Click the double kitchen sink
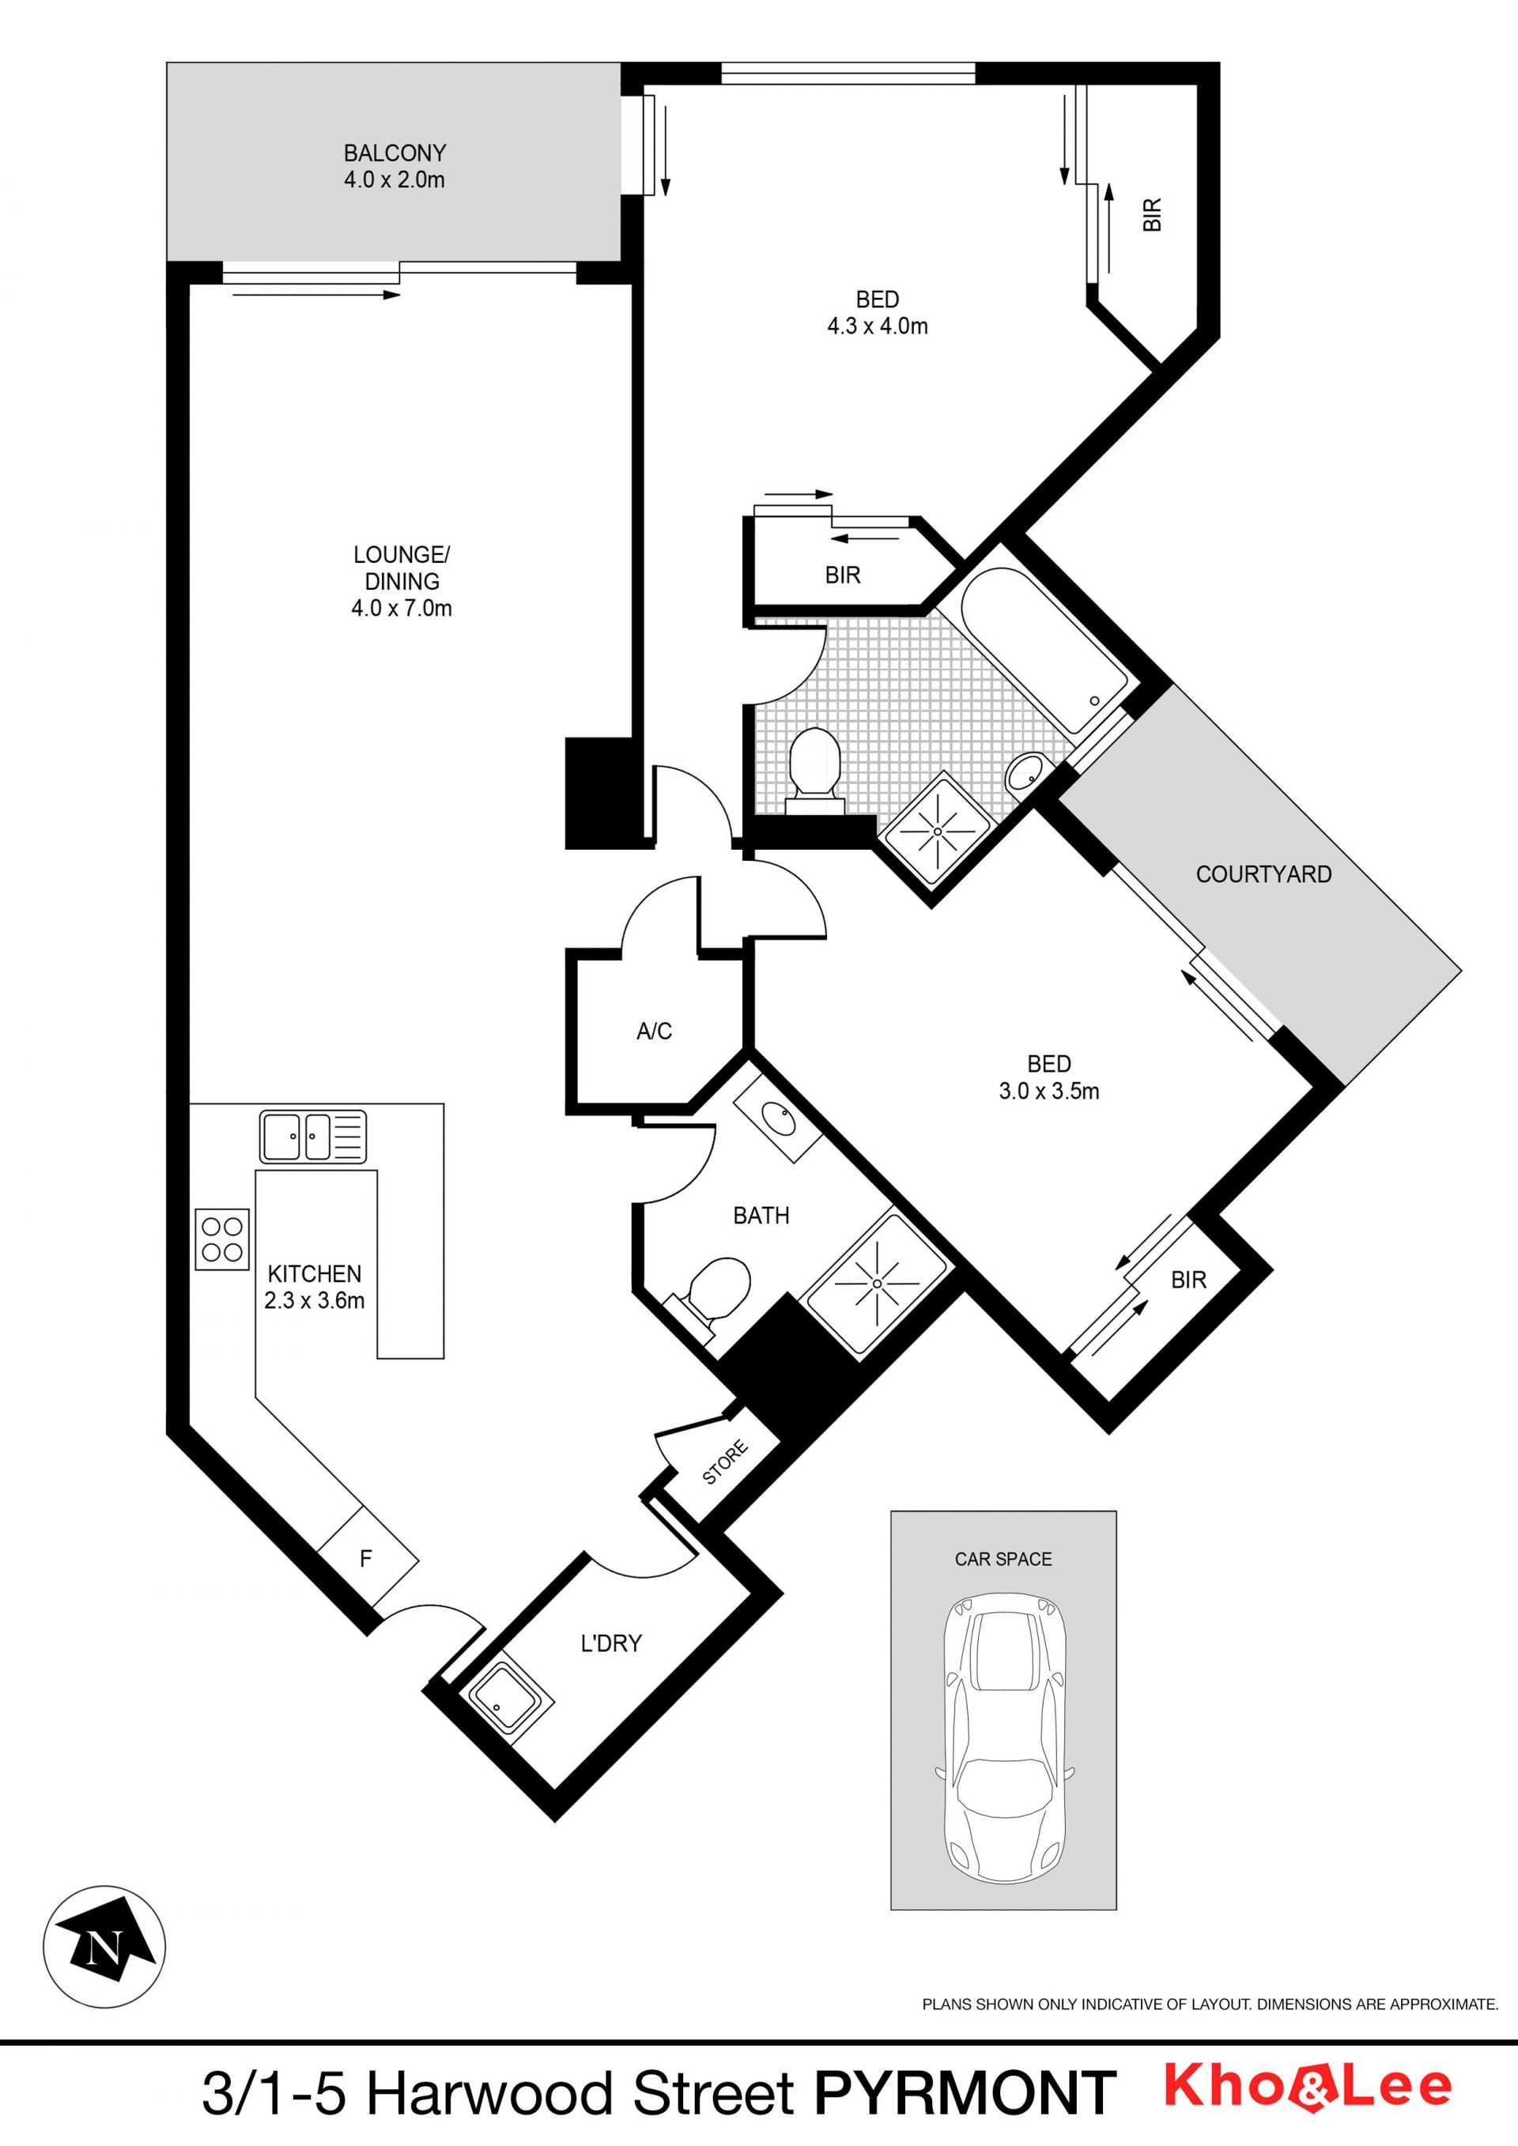312,1137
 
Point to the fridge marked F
368,1559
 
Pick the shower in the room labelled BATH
878,1284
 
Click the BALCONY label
395,165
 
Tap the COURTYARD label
1263,875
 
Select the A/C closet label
655,1031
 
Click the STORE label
725,1464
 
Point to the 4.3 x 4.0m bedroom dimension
878,326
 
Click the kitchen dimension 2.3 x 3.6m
314,1300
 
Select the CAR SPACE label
1004,1559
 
